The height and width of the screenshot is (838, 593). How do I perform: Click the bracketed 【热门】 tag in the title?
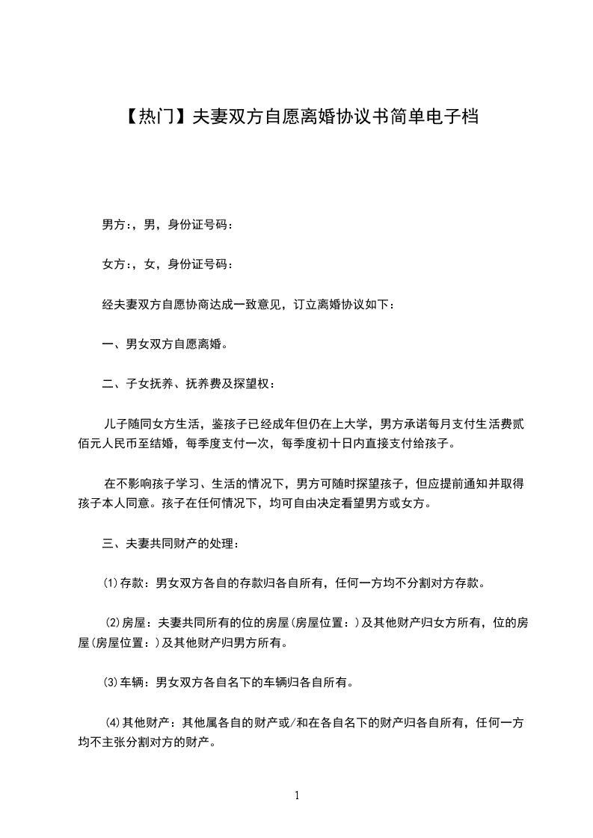point(153,117)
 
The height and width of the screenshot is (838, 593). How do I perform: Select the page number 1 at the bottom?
point(297,795)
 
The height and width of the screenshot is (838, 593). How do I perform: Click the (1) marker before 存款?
point(110,583)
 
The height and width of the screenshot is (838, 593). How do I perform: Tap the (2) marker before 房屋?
point(114,623)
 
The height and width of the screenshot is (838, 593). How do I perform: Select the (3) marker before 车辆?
point(110,681)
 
